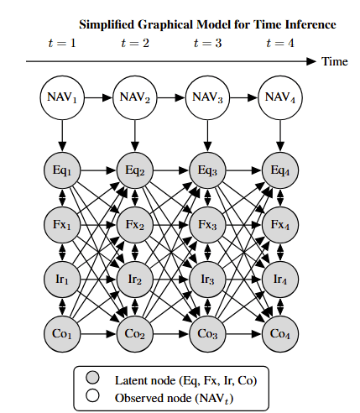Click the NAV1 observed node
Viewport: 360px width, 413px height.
click(x=62, y=97)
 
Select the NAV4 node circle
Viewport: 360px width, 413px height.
click(x=280, y=97)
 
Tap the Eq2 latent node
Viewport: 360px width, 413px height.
click(x=135, y=170)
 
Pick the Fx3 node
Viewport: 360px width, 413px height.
click(x=207, y=225)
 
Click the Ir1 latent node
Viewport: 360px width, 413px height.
click(x=62, y=280)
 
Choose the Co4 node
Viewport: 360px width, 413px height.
click(x=280, y=334)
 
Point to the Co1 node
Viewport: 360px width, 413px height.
click(x=62, y=334)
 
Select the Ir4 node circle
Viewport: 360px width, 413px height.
click(x=280, y=280)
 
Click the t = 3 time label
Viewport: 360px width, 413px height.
click(x=207, y=43)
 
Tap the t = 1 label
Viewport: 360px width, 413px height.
click(x=62, y=43)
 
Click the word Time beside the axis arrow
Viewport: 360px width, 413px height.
click(x=335, y=61)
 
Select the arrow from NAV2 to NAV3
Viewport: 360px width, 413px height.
click(x=171, y=97)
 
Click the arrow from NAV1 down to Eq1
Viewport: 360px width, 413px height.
click(x=62, y=136)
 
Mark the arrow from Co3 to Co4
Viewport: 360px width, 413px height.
click(x=243, y=334)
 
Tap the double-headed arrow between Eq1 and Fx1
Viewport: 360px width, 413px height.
click(x=62, y=197)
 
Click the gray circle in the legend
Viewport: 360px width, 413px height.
click(x=92, y=378)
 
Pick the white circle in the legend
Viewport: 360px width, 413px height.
click(x=92, y=395)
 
